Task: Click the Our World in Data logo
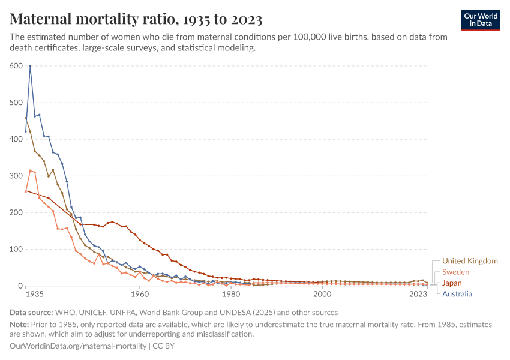(x=480, y=20)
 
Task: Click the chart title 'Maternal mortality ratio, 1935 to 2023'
(x=136, y=20)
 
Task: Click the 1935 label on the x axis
(x=35, y=295)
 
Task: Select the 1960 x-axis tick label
(x=140, y=295)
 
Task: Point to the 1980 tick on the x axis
(x=231, y=295)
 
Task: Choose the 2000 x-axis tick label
(x=322, y=295)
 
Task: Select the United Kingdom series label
(x=470, y=261)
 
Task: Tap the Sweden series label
(x=455, y=272)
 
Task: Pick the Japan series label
(x=452, y=283)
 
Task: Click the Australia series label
(x=457, y=293)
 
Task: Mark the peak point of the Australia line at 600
(x=30, y=66)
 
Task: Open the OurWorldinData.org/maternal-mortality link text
(x=78, y=346)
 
